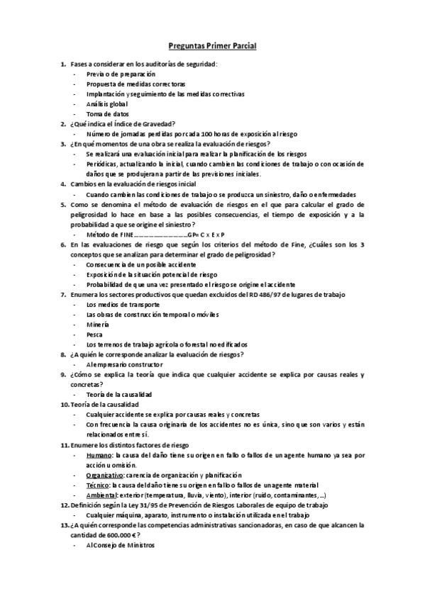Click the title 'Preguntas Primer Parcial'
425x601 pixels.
[x=212, y=46]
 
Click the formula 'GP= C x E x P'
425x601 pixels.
[x=205, y=234]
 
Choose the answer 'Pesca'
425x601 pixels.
[x=95, y=334]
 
